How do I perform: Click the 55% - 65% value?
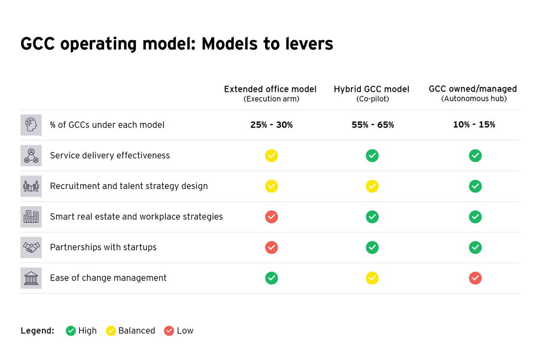click(x=373, y=125)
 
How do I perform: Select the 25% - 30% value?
click(x=271, y=125)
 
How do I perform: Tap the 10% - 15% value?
click(x=474, y=124)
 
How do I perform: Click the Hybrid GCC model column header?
click(x=372, y=94)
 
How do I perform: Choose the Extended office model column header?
click(x=270, y=94)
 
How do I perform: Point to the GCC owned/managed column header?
click(x=473, y=93)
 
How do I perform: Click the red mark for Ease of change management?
click(x=475, y=278)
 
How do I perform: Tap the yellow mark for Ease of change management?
click(x=372, y=278)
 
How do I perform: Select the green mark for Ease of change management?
click(x=271, y=278)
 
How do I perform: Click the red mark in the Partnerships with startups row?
click(x=271, y=248)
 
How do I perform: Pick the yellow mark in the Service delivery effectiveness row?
click(x=271, y=156)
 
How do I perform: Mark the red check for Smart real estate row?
click(x=271, y=217)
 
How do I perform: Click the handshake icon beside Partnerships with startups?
click(x=31, y=248)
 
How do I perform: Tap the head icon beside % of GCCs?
click(x=31, y=125)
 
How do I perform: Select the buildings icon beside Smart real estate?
click(x=31, y=217)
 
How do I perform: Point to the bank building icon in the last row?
click(x=31, y=278)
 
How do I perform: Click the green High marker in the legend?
click(x=71, y=331)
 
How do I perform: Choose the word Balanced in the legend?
click(x=137, y=331)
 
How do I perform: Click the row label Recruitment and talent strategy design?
click(x=129, y=186)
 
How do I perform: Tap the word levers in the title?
click(x=309, y=44)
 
